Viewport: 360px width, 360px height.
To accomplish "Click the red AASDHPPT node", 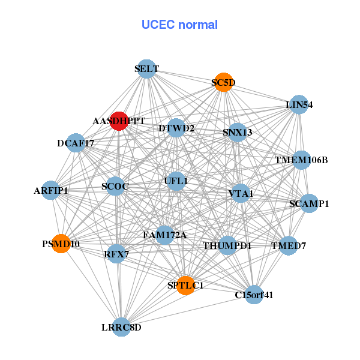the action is tap(119, 121).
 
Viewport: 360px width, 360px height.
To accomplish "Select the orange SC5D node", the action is tap(223, 83).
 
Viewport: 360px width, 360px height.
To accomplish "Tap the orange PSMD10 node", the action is tap(61, 244).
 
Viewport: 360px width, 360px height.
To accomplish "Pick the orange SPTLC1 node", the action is tap(185, 285).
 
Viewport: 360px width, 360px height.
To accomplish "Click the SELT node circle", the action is tap(146, 68).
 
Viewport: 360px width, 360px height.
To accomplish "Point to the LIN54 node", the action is tap(299, 105).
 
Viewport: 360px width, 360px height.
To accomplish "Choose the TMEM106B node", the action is tap(301, 160).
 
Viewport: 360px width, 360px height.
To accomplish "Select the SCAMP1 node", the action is tap(309, 203).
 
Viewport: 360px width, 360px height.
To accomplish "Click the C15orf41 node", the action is tap(254, 295).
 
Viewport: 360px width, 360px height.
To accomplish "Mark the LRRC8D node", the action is tap(121, 327).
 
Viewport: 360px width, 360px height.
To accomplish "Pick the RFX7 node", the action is tap(116, 254).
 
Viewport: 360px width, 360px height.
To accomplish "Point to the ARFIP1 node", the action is tap(51, 191).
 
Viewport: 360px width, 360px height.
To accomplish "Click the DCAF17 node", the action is tap(76, 143).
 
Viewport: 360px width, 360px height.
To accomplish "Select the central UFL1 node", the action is tap(176, 181).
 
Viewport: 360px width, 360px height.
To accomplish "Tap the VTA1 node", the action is tap(241, 193).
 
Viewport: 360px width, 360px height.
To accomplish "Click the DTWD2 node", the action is tap(176, 128).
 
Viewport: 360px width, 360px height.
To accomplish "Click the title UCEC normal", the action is tap(179, 25).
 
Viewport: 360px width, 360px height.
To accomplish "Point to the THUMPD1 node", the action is tap(227, 245).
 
